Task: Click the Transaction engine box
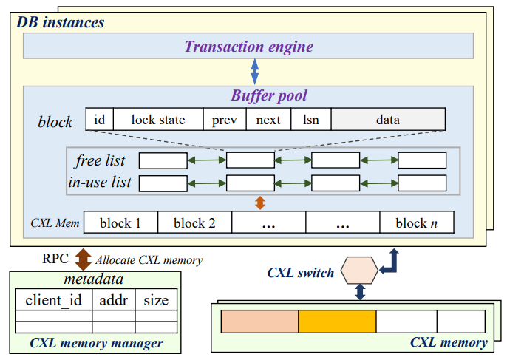[248, 47]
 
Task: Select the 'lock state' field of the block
[158, 119]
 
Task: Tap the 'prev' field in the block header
[225, 119]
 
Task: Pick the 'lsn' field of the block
[310, 119]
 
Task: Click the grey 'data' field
[387, 119]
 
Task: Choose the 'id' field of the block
[98, 119]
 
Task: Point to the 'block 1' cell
[120, 223]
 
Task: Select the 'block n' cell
[416, 223]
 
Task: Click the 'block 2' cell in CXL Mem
[194, 223]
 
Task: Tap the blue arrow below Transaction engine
[255, 72]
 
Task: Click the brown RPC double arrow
[83, 259]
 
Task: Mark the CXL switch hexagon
[359, 271]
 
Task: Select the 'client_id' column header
[54, 299]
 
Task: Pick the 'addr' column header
[113, 299]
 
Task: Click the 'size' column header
[156, 299]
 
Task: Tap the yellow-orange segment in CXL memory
[337, 322]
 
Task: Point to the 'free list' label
[100, 160]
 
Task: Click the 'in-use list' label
[100, 182]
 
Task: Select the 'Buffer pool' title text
[269, 95]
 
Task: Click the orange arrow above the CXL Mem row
[259, 203]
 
